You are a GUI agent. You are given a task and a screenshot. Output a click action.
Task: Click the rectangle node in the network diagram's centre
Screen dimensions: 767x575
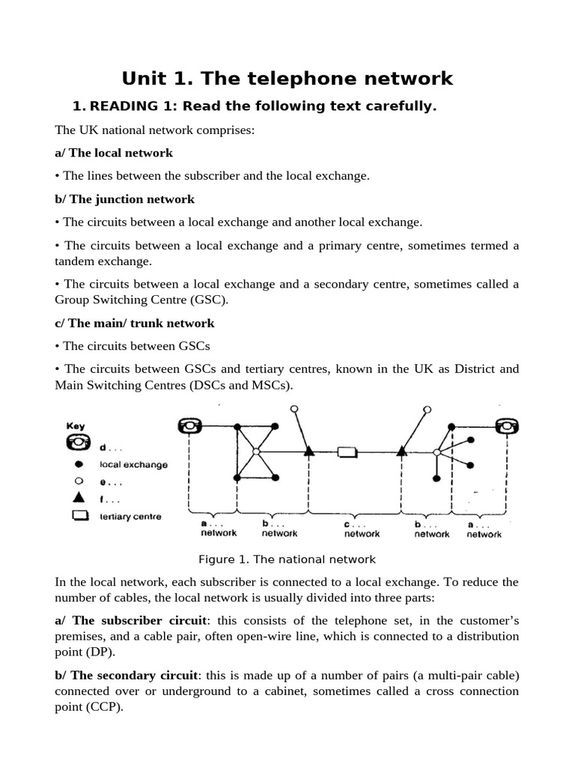coord(347,452)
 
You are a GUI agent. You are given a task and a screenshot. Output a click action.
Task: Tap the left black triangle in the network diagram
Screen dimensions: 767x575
coord(308,451)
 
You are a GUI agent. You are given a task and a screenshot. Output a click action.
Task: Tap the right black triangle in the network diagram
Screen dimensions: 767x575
coord(401,451)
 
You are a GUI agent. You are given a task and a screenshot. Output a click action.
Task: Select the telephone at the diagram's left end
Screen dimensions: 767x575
coord(189,426)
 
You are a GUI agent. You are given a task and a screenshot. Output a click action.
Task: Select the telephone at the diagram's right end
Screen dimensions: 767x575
coord(508,426)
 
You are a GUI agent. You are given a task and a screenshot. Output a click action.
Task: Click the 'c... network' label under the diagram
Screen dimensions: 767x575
coord(362,529)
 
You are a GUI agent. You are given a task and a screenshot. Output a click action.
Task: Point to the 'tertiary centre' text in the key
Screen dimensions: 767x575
coord(130,516)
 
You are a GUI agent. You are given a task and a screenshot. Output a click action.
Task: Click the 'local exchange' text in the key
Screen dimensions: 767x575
coord(133,464)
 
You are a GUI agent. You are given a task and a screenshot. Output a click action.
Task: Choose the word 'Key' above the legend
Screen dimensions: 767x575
coord(76,425)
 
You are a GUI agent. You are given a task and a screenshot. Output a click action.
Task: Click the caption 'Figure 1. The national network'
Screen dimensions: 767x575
coord(287,559)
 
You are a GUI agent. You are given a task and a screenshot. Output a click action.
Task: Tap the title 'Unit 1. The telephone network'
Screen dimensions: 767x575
coord(287,78)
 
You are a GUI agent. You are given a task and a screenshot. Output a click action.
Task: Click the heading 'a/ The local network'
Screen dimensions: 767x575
coord(114,153)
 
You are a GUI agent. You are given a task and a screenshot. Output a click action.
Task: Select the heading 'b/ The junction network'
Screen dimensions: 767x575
coord(124,199)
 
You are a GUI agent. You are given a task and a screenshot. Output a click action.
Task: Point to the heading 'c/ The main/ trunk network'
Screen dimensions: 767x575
coord(135,323)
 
